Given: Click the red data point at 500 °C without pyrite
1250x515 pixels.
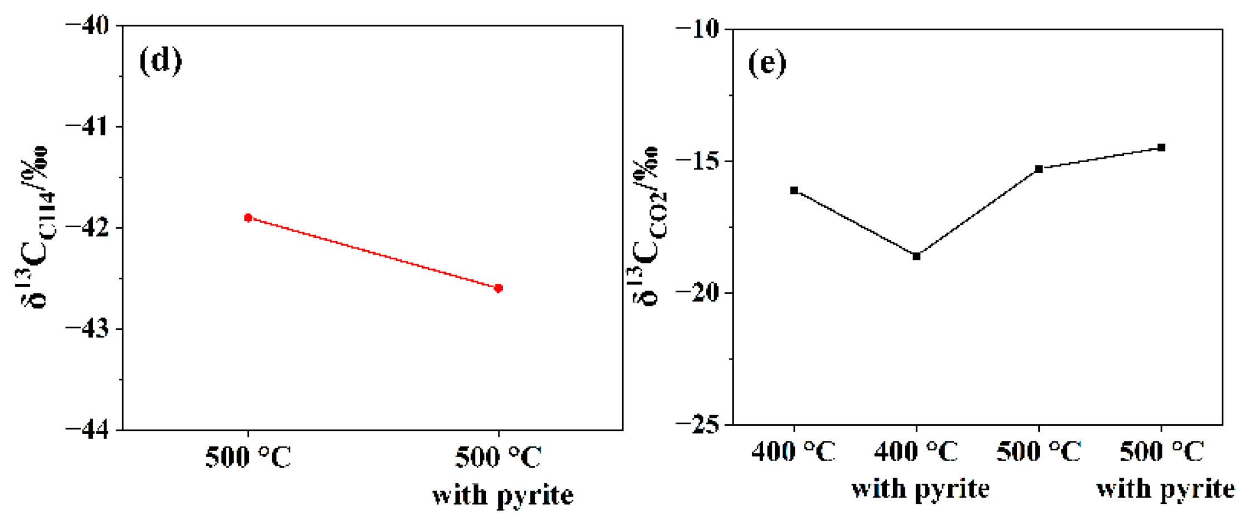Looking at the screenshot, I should point(248,218).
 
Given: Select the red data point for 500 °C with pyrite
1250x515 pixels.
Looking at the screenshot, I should point(498,288).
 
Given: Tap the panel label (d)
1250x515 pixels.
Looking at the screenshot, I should point(160,61).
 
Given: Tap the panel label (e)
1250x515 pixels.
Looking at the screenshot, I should point(767,63).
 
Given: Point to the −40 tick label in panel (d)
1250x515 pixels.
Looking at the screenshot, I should point(87,26).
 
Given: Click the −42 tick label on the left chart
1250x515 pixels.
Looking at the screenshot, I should point(87,228).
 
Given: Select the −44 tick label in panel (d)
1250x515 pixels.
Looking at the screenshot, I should point(87,430).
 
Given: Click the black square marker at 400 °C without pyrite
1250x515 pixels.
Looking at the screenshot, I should point(794,191).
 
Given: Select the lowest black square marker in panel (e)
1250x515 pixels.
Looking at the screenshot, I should point(916,256).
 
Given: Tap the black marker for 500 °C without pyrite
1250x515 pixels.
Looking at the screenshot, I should point(1039,169).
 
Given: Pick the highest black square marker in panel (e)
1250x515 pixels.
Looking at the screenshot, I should point(1161,148).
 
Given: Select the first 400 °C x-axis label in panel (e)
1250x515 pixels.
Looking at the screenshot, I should point(793,452).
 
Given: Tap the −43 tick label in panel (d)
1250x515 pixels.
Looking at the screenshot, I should point(87,329).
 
